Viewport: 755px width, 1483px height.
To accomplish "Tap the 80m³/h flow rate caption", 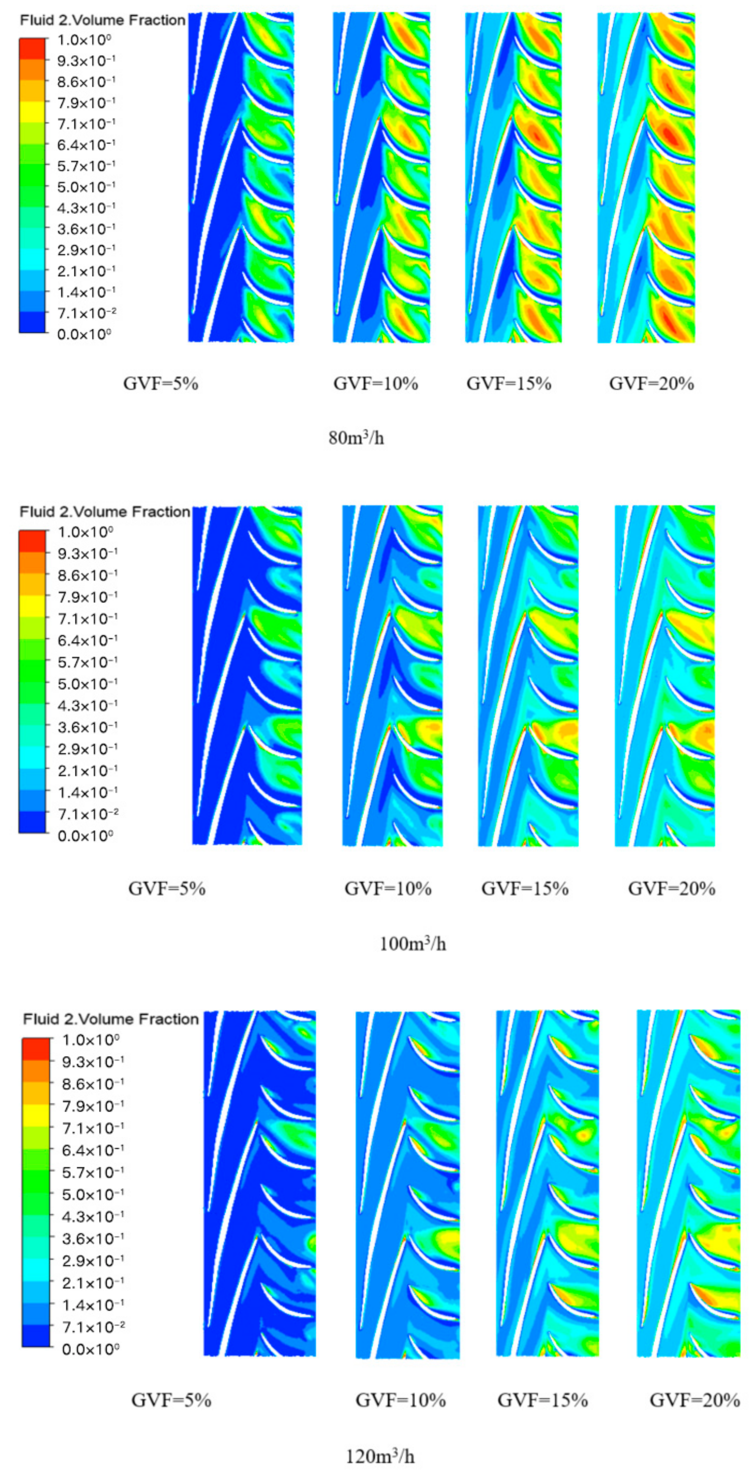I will click(356, 438).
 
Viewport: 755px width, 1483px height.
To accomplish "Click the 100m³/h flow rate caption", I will click(413, 944).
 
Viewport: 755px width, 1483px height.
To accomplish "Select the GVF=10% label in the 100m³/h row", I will click(388, 888).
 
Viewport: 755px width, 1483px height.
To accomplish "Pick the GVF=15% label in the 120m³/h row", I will click(543, 1400).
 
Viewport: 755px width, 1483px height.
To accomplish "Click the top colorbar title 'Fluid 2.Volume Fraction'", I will click(103, 20).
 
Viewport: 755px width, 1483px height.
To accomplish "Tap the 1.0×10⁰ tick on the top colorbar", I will click(84, 40).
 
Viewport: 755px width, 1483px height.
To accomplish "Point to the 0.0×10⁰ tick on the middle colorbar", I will click(85, 835).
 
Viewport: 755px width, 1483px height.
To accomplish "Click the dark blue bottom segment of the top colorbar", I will click(32, 322).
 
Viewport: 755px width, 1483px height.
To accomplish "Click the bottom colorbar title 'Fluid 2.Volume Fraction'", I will click(111, 1019).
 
